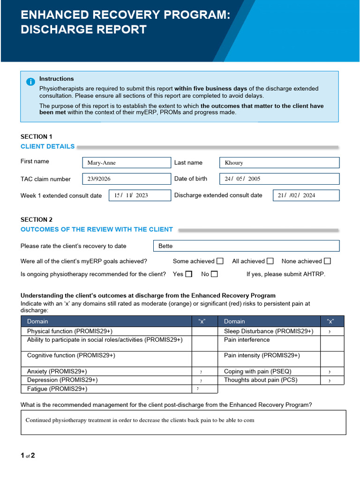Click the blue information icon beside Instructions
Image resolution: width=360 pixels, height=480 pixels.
click(30, 82)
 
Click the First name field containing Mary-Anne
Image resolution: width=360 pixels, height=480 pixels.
click(127, 163)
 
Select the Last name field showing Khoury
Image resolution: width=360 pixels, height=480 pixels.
click(279, 163)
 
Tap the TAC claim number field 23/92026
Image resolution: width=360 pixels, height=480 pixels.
click(127, 179)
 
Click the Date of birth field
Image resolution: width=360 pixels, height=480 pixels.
click(279, 179)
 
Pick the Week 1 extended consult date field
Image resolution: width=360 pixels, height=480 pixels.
click(140, 195)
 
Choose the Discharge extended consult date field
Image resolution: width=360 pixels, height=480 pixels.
click(306, 195)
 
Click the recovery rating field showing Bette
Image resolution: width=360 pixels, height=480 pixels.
click(246, 246)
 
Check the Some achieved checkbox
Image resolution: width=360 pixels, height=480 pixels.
click(220, 261)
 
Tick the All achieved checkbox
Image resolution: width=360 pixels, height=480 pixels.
click(270, 261)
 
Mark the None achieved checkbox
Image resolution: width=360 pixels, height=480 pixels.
click(327, 261)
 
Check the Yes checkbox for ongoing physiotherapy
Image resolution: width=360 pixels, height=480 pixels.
click(188, 274)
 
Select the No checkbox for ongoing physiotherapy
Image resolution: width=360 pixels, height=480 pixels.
click(214, 274)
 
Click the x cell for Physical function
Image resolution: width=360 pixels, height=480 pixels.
click(205, 331)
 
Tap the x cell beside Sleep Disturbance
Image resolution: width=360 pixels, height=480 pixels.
click(332, 331)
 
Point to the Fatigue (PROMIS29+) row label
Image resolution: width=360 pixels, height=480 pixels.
click(57, 389)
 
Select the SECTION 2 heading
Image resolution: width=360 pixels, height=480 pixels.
click(37, 219)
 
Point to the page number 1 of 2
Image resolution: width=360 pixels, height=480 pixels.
click(28, 456)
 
